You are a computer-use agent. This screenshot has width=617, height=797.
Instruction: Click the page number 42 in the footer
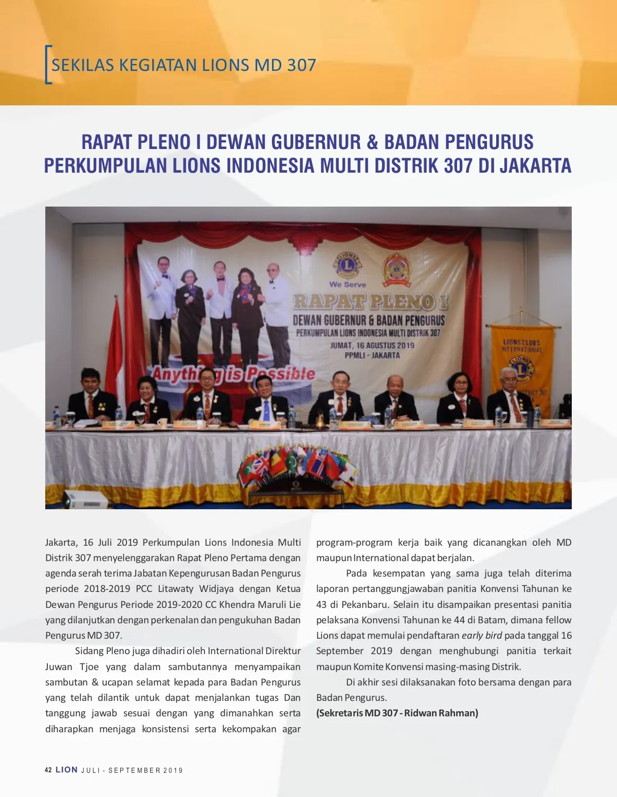pos(48,770)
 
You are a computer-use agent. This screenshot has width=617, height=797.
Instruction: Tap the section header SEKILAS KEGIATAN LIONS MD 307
pos(184,65)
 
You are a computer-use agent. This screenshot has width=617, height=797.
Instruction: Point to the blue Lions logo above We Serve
pos(348,265)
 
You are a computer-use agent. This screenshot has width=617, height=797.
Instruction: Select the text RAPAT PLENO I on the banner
pos(370,302)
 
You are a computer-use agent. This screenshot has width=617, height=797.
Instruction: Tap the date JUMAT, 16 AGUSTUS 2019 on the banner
pos(372,345)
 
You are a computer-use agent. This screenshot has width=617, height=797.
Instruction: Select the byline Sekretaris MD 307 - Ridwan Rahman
pos(397,713)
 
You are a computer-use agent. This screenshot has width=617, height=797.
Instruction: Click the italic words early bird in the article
pos(481,635)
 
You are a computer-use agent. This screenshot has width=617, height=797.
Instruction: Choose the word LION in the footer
pos(67,770)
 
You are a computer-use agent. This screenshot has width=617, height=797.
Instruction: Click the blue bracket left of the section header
pos(48,65)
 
